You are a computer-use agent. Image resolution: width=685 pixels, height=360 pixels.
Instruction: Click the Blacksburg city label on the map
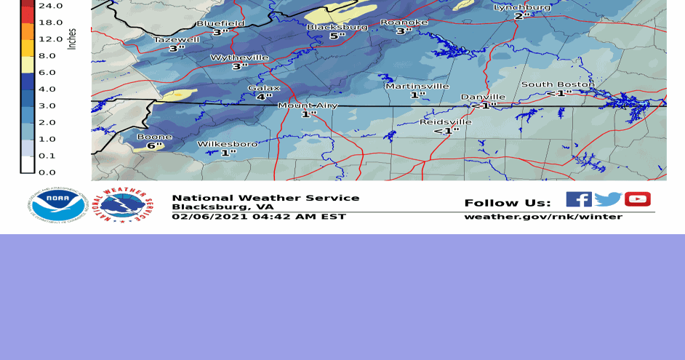[337, 27]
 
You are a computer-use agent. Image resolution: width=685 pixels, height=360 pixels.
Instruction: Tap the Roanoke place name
[404, 23]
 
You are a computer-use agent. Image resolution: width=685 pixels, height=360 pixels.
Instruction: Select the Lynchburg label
[522, 7]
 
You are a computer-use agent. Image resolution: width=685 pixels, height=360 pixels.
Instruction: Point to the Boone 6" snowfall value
[154, 145]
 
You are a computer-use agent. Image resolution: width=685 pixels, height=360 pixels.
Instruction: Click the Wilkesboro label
[228, 144]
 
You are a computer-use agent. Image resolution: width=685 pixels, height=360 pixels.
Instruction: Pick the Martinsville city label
[417, 86]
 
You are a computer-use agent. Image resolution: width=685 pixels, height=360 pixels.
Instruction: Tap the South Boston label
[558, 84]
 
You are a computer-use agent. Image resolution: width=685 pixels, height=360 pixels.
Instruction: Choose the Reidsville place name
[446, 121]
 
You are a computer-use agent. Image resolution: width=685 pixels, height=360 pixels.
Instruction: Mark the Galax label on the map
[264, 88]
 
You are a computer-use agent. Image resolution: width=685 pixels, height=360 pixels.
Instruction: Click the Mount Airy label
[308, 105]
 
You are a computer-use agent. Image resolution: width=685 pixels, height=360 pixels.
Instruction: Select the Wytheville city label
[239, 57]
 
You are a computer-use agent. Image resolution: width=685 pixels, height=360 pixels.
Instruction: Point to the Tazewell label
[176, 39]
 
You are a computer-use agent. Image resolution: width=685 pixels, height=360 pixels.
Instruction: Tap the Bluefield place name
[220, 23]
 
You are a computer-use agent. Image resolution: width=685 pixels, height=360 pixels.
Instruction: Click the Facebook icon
[579, 199]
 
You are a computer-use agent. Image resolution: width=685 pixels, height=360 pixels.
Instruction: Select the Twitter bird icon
[608, 199]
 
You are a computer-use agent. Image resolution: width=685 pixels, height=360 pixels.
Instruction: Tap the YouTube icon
[637, 199]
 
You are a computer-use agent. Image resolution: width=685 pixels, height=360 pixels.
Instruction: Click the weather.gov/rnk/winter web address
[543, 217]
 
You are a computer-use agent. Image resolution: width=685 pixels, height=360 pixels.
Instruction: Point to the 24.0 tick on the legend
[50, 5]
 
